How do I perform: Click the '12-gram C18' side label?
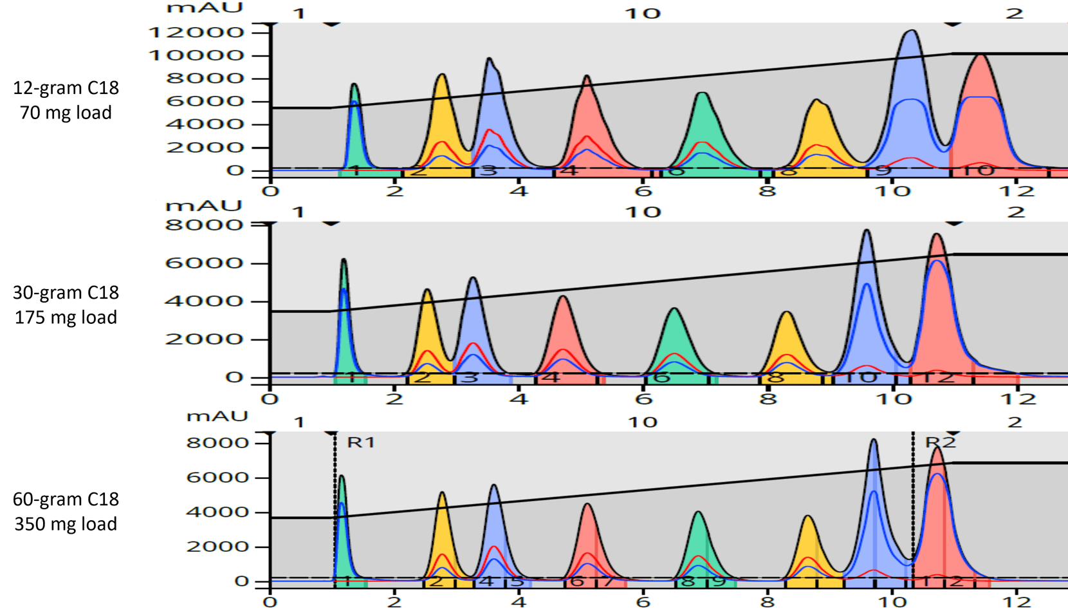[x=66, y=88]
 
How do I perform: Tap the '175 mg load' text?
[x=66, y=317]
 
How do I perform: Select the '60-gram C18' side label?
[x=66, y=500]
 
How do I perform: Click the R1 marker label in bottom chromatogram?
[x=360, y=442]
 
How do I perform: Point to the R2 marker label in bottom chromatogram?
[x=940, y=442]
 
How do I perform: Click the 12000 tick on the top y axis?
[x=196, y=32]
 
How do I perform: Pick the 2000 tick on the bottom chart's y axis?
[x=217, y=547]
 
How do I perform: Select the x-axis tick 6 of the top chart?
[x=643, y=191]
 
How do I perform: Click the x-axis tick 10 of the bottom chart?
[x=893, y=602]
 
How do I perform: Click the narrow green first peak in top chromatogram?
[x=354, y=87]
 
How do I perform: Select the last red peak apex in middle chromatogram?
[x=937, y=236]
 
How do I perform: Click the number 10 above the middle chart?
[x=642, y=212]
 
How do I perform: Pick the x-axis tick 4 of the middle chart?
[x=519, y=399]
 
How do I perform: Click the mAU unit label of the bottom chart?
[x=216, y=416]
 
